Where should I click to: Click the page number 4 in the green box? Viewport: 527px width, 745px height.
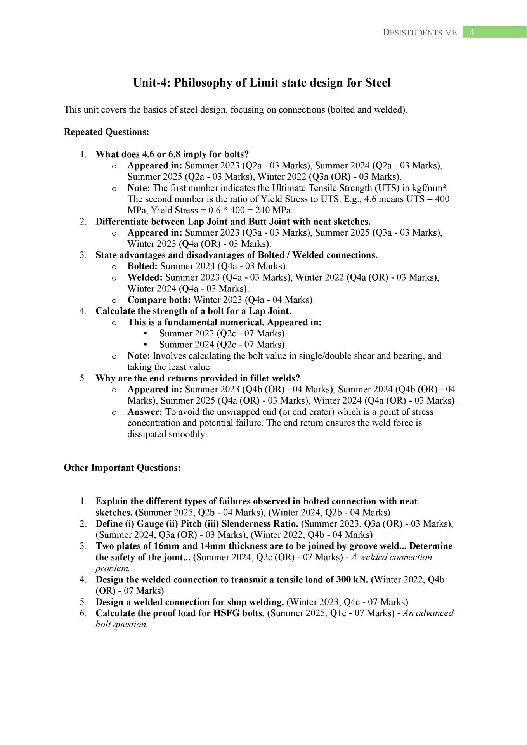[472, 32]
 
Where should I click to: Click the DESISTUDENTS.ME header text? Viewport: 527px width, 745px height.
[420, 33]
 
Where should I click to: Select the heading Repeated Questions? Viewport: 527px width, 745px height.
[106, 132]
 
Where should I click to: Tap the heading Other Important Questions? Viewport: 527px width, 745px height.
[122, 468]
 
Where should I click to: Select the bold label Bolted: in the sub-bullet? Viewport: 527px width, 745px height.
[142, 266]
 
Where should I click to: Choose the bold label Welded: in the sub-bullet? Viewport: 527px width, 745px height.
[145, 277]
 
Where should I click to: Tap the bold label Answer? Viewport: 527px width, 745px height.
[145, 412]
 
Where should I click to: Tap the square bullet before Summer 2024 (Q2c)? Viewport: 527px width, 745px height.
[146, 344]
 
